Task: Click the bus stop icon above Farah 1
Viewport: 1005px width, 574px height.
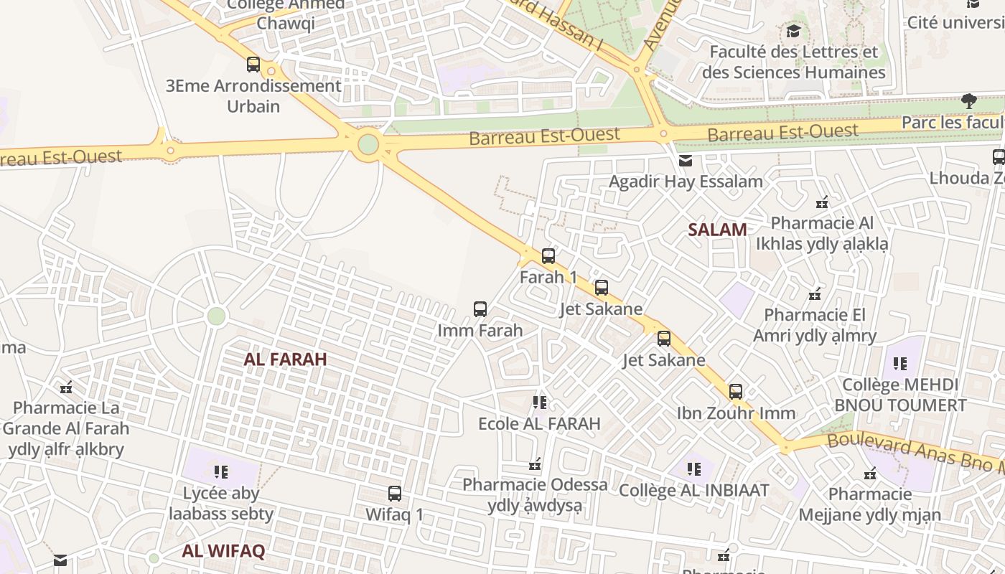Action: pyautogui.click(x=548, y=255)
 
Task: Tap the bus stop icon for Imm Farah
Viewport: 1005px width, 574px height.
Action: pyautogui.click(x=480, y=309)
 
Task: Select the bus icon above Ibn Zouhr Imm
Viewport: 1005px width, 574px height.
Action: pyautogui.click(x=736, y=392)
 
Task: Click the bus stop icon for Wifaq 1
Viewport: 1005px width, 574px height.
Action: pyautogui.click(x=395, y=494)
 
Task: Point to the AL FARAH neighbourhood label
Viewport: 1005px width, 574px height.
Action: pyautogui.click(x=285, y=359)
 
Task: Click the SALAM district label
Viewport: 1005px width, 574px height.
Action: pyautogui.click(x=717, y=230)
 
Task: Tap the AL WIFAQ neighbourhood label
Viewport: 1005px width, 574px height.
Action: pyautogui.click(x=223, y=551)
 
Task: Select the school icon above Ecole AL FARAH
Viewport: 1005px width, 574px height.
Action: pyautogui.click(x=540, y=403)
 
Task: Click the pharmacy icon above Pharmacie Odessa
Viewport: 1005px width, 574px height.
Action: pyautogui.click(x=535, y=464)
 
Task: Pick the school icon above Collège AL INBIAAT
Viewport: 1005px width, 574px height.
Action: pyautogui.click(x=693, y=469)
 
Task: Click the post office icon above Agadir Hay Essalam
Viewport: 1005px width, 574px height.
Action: pyautogui.click(x=686, y=161)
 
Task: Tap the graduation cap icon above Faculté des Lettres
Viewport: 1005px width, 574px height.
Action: pyautogui.click(x=793, y=32)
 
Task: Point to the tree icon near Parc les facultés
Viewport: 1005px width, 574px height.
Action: pyautogui.click(x=969, y=100)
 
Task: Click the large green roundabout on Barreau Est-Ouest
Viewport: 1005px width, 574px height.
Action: pyautogui.click(x=368, y=144)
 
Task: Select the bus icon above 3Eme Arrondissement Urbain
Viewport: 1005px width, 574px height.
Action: pyautogui.click(x=253, y=65)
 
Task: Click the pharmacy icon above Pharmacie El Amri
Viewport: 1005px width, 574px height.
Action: pyautogui.click(x=815, y=294)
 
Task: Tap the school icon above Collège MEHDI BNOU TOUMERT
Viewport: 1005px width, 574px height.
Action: pyautogui.click(x=900, y=364)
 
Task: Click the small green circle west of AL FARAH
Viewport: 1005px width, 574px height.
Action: pyautogui.click(x=216, y=316)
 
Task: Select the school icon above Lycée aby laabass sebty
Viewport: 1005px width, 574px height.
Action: pyautogui.click(x=221, y=471)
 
